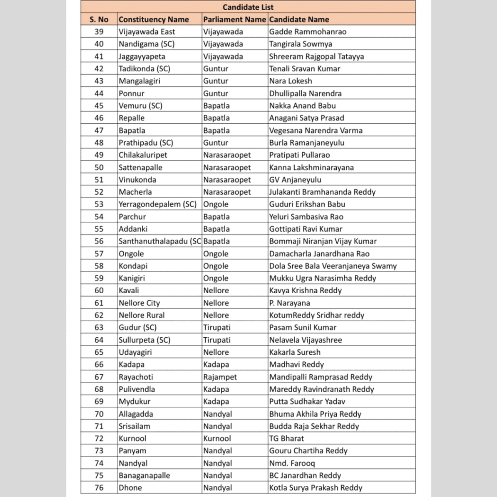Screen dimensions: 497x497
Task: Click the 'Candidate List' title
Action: pos(248,7)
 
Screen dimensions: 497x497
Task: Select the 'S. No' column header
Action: pos(99,19)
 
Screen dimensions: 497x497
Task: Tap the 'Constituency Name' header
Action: pos(154,19)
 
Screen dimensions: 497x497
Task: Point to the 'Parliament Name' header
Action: pos(234,19)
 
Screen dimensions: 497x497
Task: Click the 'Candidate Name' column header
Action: pos(299,19)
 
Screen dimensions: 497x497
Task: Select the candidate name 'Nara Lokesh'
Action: pos(291,81)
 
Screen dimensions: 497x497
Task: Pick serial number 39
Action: pos(99,32)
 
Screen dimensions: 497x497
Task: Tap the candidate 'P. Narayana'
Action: pos(290,303)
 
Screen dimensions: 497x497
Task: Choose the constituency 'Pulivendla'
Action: pos(137,389)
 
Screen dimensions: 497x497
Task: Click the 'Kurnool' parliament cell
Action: pos(217,438)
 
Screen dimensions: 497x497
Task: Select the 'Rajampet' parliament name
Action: pos(219,377)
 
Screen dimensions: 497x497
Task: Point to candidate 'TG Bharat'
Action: pos(286,438)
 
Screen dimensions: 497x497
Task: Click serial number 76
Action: pos(99,488)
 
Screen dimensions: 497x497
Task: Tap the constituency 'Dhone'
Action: pos(131,488)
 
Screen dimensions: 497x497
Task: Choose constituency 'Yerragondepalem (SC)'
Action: pos(158,204)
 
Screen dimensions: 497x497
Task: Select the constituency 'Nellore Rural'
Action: pos(142,315)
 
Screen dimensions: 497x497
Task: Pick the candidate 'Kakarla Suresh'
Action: pos(295,352)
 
